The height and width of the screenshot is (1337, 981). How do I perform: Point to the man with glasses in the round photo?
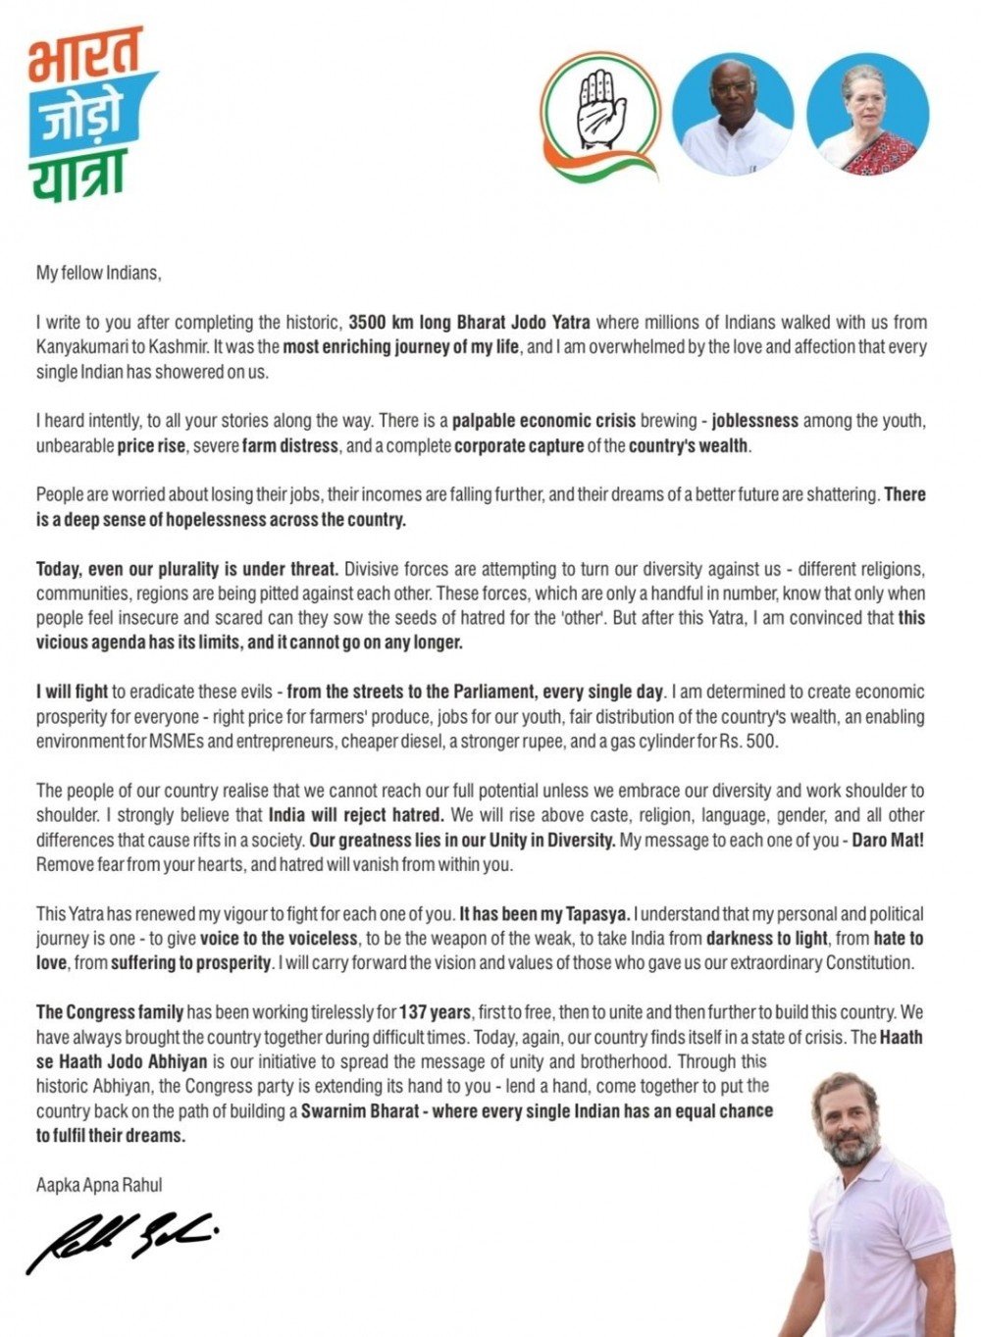733,113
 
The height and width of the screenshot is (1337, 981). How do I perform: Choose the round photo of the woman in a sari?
866,113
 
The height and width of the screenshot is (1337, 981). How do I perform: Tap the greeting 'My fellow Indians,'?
98,273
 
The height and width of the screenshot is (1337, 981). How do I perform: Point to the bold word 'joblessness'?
754,421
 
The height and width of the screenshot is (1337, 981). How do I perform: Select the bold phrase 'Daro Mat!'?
888,841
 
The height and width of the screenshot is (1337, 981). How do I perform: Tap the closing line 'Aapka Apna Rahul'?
99,1185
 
